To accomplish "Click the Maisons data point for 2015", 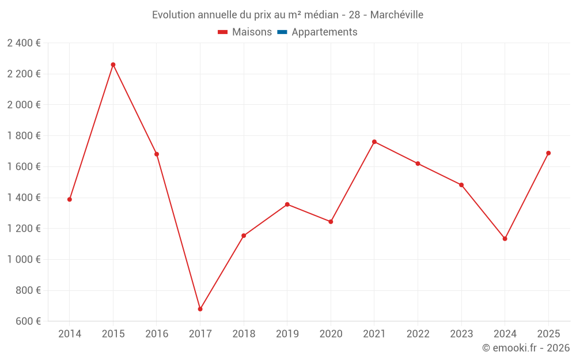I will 113,65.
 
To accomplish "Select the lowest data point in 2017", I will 200,309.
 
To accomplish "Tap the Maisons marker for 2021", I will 374,142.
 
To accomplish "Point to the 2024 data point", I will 505,238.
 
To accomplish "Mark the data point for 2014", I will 70,199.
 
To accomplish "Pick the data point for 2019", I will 287,204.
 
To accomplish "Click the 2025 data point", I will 548,153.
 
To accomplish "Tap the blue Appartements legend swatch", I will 282,32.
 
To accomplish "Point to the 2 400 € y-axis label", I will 24,43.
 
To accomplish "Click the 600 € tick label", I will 27,321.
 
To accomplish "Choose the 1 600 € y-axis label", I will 24,166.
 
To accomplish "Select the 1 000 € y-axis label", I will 24,259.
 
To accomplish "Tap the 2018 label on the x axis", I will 244,334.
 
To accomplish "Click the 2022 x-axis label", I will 418,334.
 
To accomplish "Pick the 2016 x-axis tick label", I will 157,334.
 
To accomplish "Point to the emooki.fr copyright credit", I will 526,348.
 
